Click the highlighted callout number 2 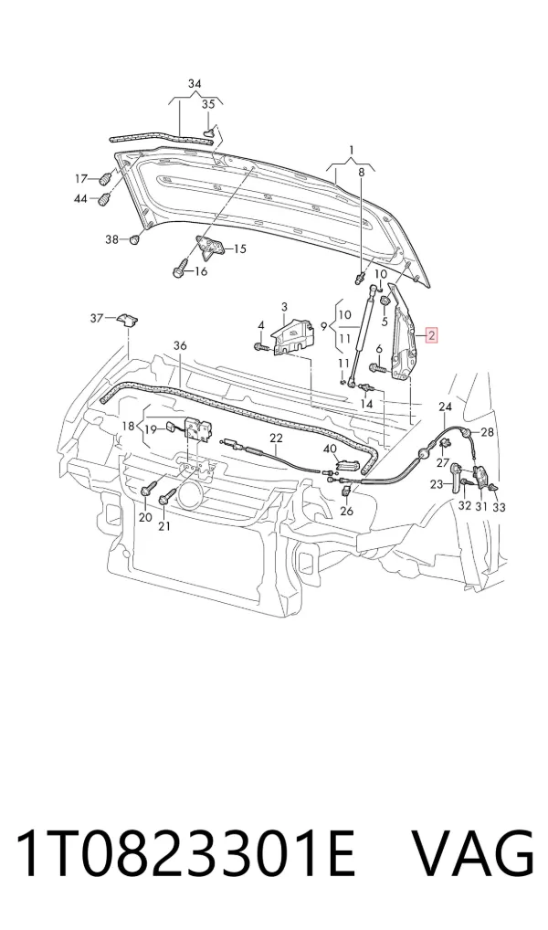432,335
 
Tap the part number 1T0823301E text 185,853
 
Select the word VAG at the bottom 472,853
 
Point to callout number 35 208,104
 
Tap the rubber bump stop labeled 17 106,178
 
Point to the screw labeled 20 147,490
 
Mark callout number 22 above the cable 276,438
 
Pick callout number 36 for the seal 180,345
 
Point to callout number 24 445,407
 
